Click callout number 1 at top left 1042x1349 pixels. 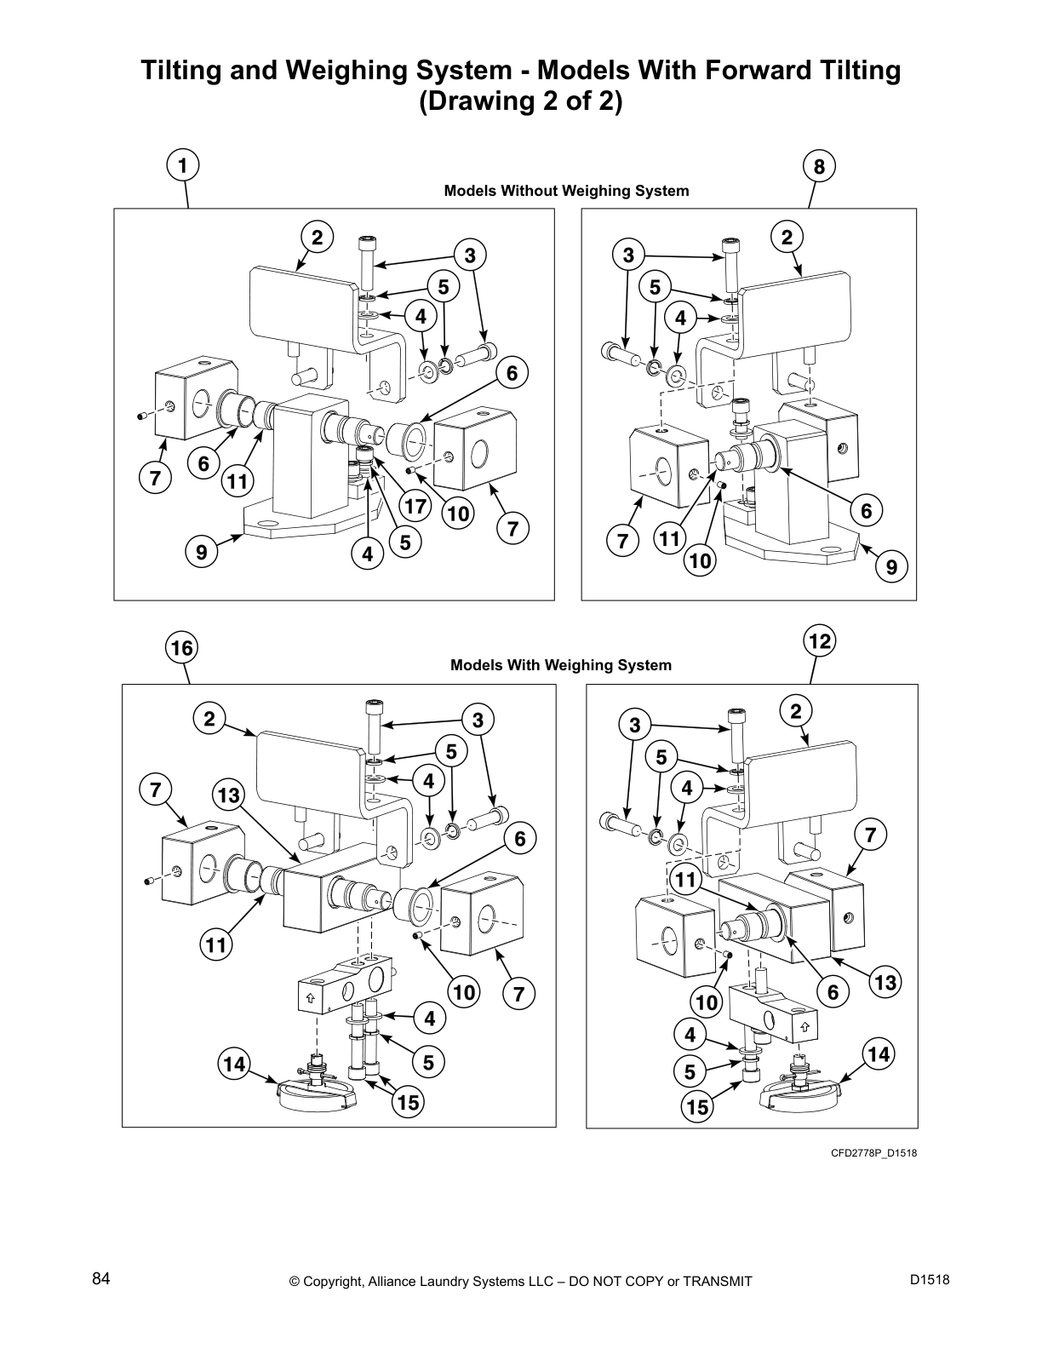tap(182, 165)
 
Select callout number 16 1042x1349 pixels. tap(181, 649)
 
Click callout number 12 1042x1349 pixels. tap(819, 641)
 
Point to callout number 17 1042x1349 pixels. tap(415, 506)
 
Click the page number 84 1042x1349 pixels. tap(101, 1278)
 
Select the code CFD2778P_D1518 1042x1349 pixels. tap(873, 1153)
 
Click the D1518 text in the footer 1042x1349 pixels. tap(929, 1278)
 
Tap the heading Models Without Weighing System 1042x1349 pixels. tap(566, 191)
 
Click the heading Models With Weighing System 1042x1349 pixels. tap(560, 665)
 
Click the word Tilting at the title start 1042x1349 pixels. tap(179, 70)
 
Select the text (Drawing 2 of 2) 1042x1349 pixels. tap(521, 101)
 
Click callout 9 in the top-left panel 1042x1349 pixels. tap(202, 552)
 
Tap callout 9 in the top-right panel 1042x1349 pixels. tap(891, 566)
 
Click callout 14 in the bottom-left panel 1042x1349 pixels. tap(234, 1064)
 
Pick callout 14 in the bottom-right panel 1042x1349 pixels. tap(879, 1054)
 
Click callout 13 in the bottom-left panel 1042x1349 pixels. tap(229, 795)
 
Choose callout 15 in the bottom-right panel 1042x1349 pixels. tap(698, 1106)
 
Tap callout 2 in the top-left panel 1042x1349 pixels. tap(317, 238)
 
